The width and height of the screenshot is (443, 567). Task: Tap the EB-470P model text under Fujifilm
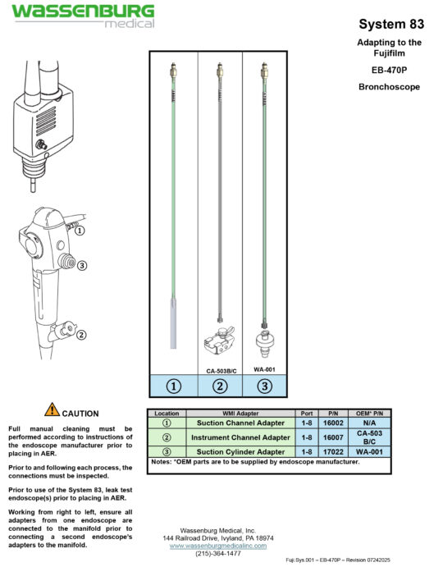390,70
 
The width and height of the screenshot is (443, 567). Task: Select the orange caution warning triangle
53,408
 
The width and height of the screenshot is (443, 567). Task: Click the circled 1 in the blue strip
173,386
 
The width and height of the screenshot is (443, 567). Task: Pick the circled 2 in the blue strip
219,386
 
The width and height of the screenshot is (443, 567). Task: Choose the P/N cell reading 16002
336,423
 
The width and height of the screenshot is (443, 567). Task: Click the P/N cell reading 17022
336,451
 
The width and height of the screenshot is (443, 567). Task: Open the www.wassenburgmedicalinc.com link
218,545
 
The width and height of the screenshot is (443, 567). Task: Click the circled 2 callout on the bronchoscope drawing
80,334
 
